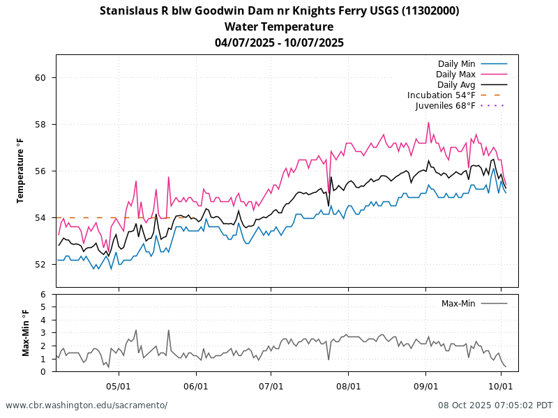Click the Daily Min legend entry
point(457,64)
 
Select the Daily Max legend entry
point(455,75)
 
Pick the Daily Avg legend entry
point(456,85)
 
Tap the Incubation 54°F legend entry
point(442,95)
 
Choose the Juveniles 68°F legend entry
point(445,106)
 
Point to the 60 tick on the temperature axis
point(40,78)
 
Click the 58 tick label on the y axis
point(40,125)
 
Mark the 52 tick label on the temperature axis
point(40,265)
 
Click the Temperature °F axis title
point(20,171)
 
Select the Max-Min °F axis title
point(26,333)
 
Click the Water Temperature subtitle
point(279,27)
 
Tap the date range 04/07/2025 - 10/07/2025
point(279,42)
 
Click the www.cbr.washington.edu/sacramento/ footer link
point(86,405)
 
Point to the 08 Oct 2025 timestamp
point(495,405)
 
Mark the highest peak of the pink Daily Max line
point(429,123)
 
